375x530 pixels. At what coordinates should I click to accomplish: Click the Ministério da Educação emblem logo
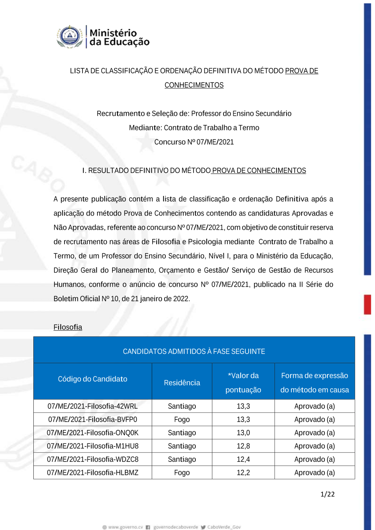tap(70, 36)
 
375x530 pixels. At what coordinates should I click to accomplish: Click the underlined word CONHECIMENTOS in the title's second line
tap(194, 85)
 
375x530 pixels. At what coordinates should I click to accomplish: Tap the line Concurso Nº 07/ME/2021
tap(194, 142)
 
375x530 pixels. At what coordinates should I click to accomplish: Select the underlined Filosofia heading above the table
tap(67, 327)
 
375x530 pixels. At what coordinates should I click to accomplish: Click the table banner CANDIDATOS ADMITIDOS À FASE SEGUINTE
tap(194, 351)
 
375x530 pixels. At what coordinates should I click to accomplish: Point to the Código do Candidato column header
tap(93, 379)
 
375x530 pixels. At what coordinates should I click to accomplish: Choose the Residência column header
tap(182, 383)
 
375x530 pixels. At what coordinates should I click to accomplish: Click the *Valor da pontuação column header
tap(243, 382)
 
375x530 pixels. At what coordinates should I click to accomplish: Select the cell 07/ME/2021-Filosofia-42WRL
tap(93, 406)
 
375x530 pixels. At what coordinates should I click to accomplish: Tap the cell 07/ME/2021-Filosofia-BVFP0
tap(93, 419)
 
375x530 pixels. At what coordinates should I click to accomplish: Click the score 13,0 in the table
tap(243, 433)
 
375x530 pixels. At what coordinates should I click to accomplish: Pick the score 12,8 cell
tap(243, 446)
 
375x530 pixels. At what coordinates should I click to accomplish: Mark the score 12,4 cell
tap(243, 459)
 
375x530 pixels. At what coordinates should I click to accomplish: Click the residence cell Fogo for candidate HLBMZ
tap(182, 473)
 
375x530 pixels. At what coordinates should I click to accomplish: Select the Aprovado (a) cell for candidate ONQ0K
tap(314, 433)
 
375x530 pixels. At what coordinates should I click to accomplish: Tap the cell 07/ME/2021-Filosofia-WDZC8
tap(93, 459)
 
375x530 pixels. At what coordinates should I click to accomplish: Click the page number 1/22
tap(327, 494)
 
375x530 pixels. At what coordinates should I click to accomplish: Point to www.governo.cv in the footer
tap(125, 527)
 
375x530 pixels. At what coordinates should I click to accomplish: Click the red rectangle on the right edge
tap(367, 304)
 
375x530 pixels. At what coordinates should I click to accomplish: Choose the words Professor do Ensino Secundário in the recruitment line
tap(241, 114)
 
